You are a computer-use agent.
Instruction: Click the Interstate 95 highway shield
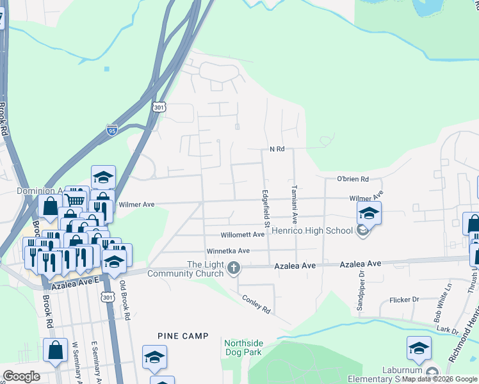112,132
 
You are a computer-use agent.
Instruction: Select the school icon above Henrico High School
369,214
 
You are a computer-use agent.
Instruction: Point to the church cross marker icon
234,269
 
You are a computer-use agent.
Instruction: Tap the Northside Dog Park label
243,348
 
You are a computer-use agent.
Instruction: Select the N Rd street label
277,149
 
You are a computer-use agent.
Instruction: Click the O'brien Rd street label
353,179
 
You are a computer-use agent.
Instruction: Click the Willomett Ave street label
243,235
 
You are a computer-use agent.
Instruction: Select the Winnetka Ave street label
228,251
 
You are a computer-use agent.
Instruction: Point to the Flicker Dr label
403,300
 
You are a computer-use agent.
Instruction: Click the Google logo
21,376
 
